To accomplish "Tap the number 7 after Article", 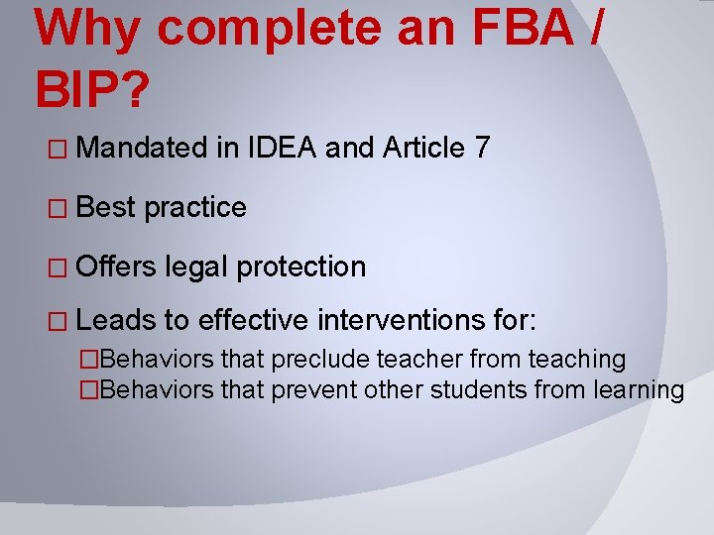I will click(481, 149).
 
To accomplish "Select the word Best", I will click(106, 207).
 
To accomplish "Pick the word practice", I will click(195, 208).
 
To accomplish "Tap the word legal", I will click(197, 267).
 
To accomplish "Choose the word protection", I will click(302, 267).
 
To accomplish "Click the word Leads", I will click(116, 321).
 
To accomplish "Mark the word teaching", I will click(576, 361).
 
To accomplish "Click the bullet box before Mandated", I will click(58, 150).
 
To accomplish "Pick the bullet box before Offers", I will click(58, 267).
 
